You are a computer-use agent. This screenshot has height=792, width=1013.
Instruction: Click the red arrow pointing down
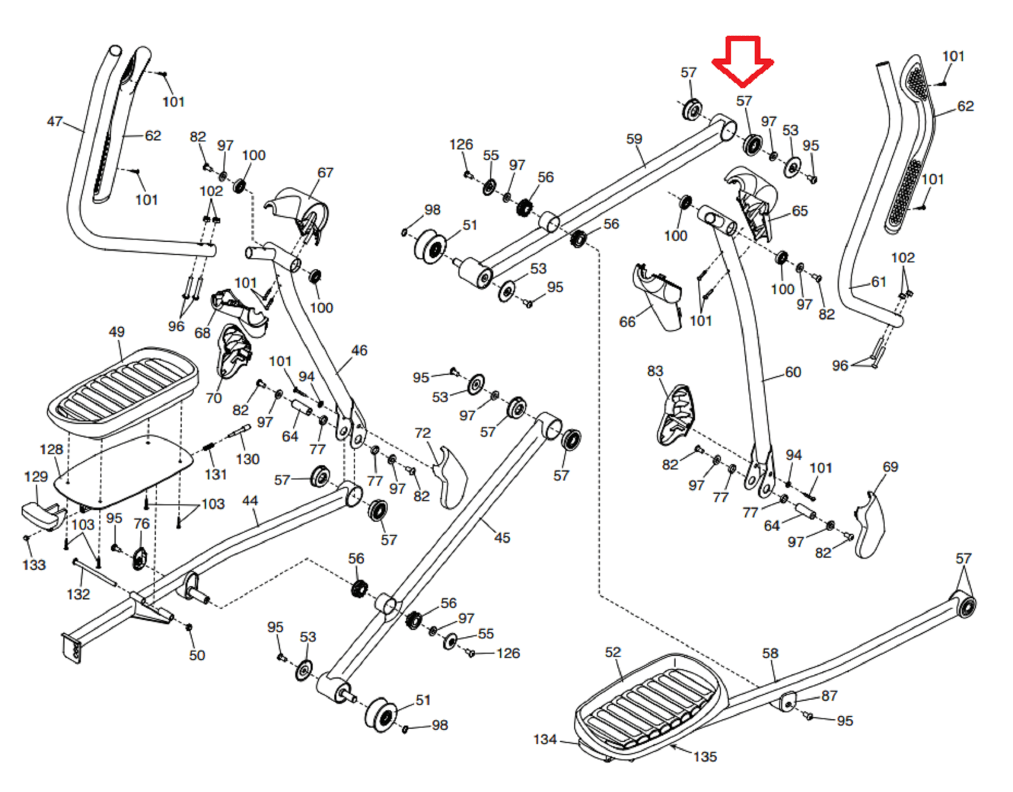click(743, 60)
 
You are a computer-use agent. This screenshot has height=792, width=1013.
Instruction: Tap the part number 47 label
click(54, 121)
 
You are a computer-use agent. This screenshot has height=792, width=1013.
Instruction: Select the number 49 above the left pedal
click(116, 332)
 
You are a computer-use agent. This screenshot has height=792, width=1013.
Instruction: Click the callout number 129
click(35, 477)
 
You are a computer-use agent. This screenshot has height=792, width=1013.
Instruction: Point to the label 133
click(34, 565)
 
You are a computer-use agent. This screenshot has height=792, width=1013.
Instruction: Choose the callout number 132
click(78, 594)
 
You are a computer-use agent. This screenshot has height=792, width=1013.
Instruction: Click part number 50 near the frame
click(197, 655)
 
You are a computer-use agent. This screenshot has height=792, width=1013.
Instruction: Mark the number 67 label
click(325, 172)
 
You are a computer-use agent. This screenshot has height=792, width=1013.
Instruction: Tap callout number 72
click(422, 433)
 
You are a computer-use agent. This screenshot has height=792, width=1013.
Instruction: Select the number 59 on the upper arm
click(634, 139)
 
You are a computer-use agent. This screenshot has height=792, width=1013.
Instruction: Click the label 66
click(627, 322)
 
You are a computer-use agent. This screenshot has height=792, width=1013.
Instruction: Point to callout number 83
click(655, 371)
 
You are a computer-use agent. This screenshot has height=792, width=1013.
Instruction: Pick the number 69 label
click(890, 467)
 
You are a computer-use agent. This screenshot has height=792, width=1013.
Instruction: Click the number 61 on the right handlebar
click(878, 282)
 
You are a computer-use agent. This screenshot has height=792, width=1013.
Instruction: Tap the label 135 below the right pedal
click(705, 757)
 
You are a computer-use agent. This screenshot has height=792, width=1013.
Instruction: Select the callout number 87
click(829, 696)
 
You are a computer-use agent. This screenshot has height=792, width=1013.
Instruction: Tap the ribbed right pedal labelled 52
click(652, 703)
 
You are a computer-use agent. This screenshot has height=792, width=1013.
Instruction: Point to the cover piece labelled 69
click(870, 525)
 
